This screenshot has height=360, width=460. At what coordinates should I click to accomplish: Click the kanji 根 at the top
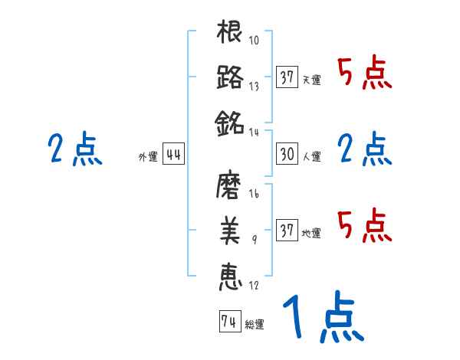point(231,34)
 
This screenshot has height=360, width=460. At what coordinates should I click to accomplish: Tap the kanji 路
point(231,77)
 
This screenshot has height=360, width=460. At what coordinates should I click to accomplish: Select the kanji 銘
point(231,122)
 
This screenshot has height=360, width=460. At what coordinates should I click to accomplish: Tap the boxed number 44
point(174,155)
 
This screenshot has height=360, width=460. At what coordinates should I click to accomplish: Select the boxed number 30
point(287,154)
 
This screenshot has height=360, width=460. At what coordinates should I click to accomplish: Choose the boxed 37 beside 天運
point(287,77)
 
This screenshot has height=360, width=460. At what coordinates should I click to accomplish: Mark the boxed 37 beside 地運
point(287,231)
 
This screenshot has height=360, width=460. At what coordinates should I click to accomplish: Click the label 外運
point(148,158)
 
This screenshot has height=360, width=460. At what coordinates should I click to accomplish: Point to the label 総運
point(255,326)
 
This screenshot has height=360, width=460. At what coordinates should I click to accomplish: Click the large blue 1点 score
point(321,319)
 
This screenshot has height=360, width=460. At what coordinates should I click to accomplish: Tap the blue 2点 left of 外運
point(74,150)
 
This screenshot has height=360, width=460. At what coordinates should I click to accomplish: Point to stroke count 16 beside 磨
point(255,195)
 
